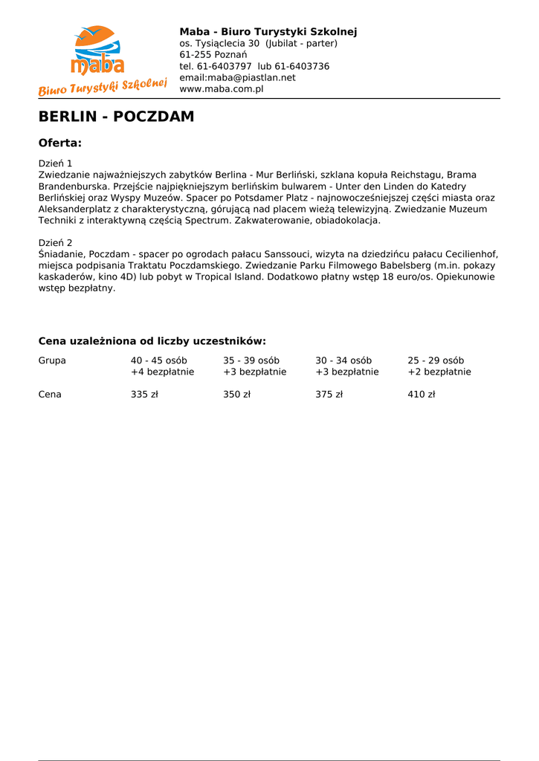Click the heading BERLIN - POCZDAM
[x=116, y=117]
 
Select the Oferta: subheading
[x=59, y=143]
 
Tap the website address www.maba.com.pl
[x=222, y=89]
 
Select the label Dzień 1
[x=55, y=163]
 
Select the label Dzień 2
[x=55, y=243]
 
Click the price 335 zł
[x=144, y=395]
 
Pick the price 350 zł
[x=236, y=395]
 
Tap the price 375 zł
[x=329, y=395]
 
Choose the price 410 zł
[x=421, y=395]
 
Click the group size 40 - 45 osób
[x=159, y=360]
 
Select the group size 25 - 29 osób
[x=436, y=360]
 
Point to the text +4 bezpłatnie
[x=162, y=372]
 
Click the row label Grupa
[x=52, y=360]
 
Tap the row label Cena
[x=50, y=395]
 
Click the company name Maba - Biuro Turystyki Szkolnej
[x=268, y=31]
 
